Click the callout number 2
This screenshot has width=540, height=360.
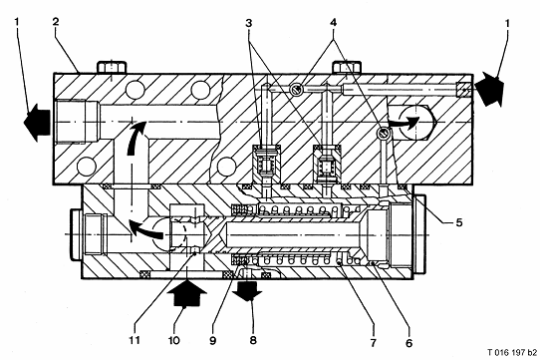[56, 22]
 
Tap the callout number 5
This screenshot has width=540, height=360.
[459, 222]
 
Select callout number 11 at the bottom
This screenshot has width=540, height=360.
[135, 340]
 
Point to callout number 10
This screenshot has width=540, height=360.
[174, 340]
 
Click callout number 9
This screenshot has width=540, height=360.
[213, 340]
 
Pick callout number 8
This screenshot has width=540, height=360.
[253, 340]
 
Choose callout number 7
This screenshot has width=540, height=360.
[374, 343]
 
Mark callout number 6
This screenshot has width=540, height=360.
[408, 343]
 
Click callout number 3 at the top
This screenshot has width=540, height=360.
[249, 23]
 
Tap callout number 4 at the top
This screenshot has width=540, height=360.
[333, 22]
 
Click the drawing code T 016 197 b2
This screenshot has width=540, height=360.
[512, 352]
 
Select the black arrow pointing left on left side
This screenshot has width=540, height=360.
[37, 123]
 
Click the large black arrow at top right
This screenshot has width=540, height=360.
[490, 89]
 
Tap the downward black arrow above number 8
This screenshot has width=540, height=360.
[247, 290]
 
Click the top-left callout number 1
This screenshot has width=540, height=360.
[17, 22]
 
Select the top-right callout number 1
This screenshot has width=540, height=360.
[506, 23]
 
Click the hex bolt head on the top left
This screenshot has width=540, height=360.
[112, 67]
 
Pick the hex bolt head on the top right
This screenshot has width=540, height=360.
[347, 67]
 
